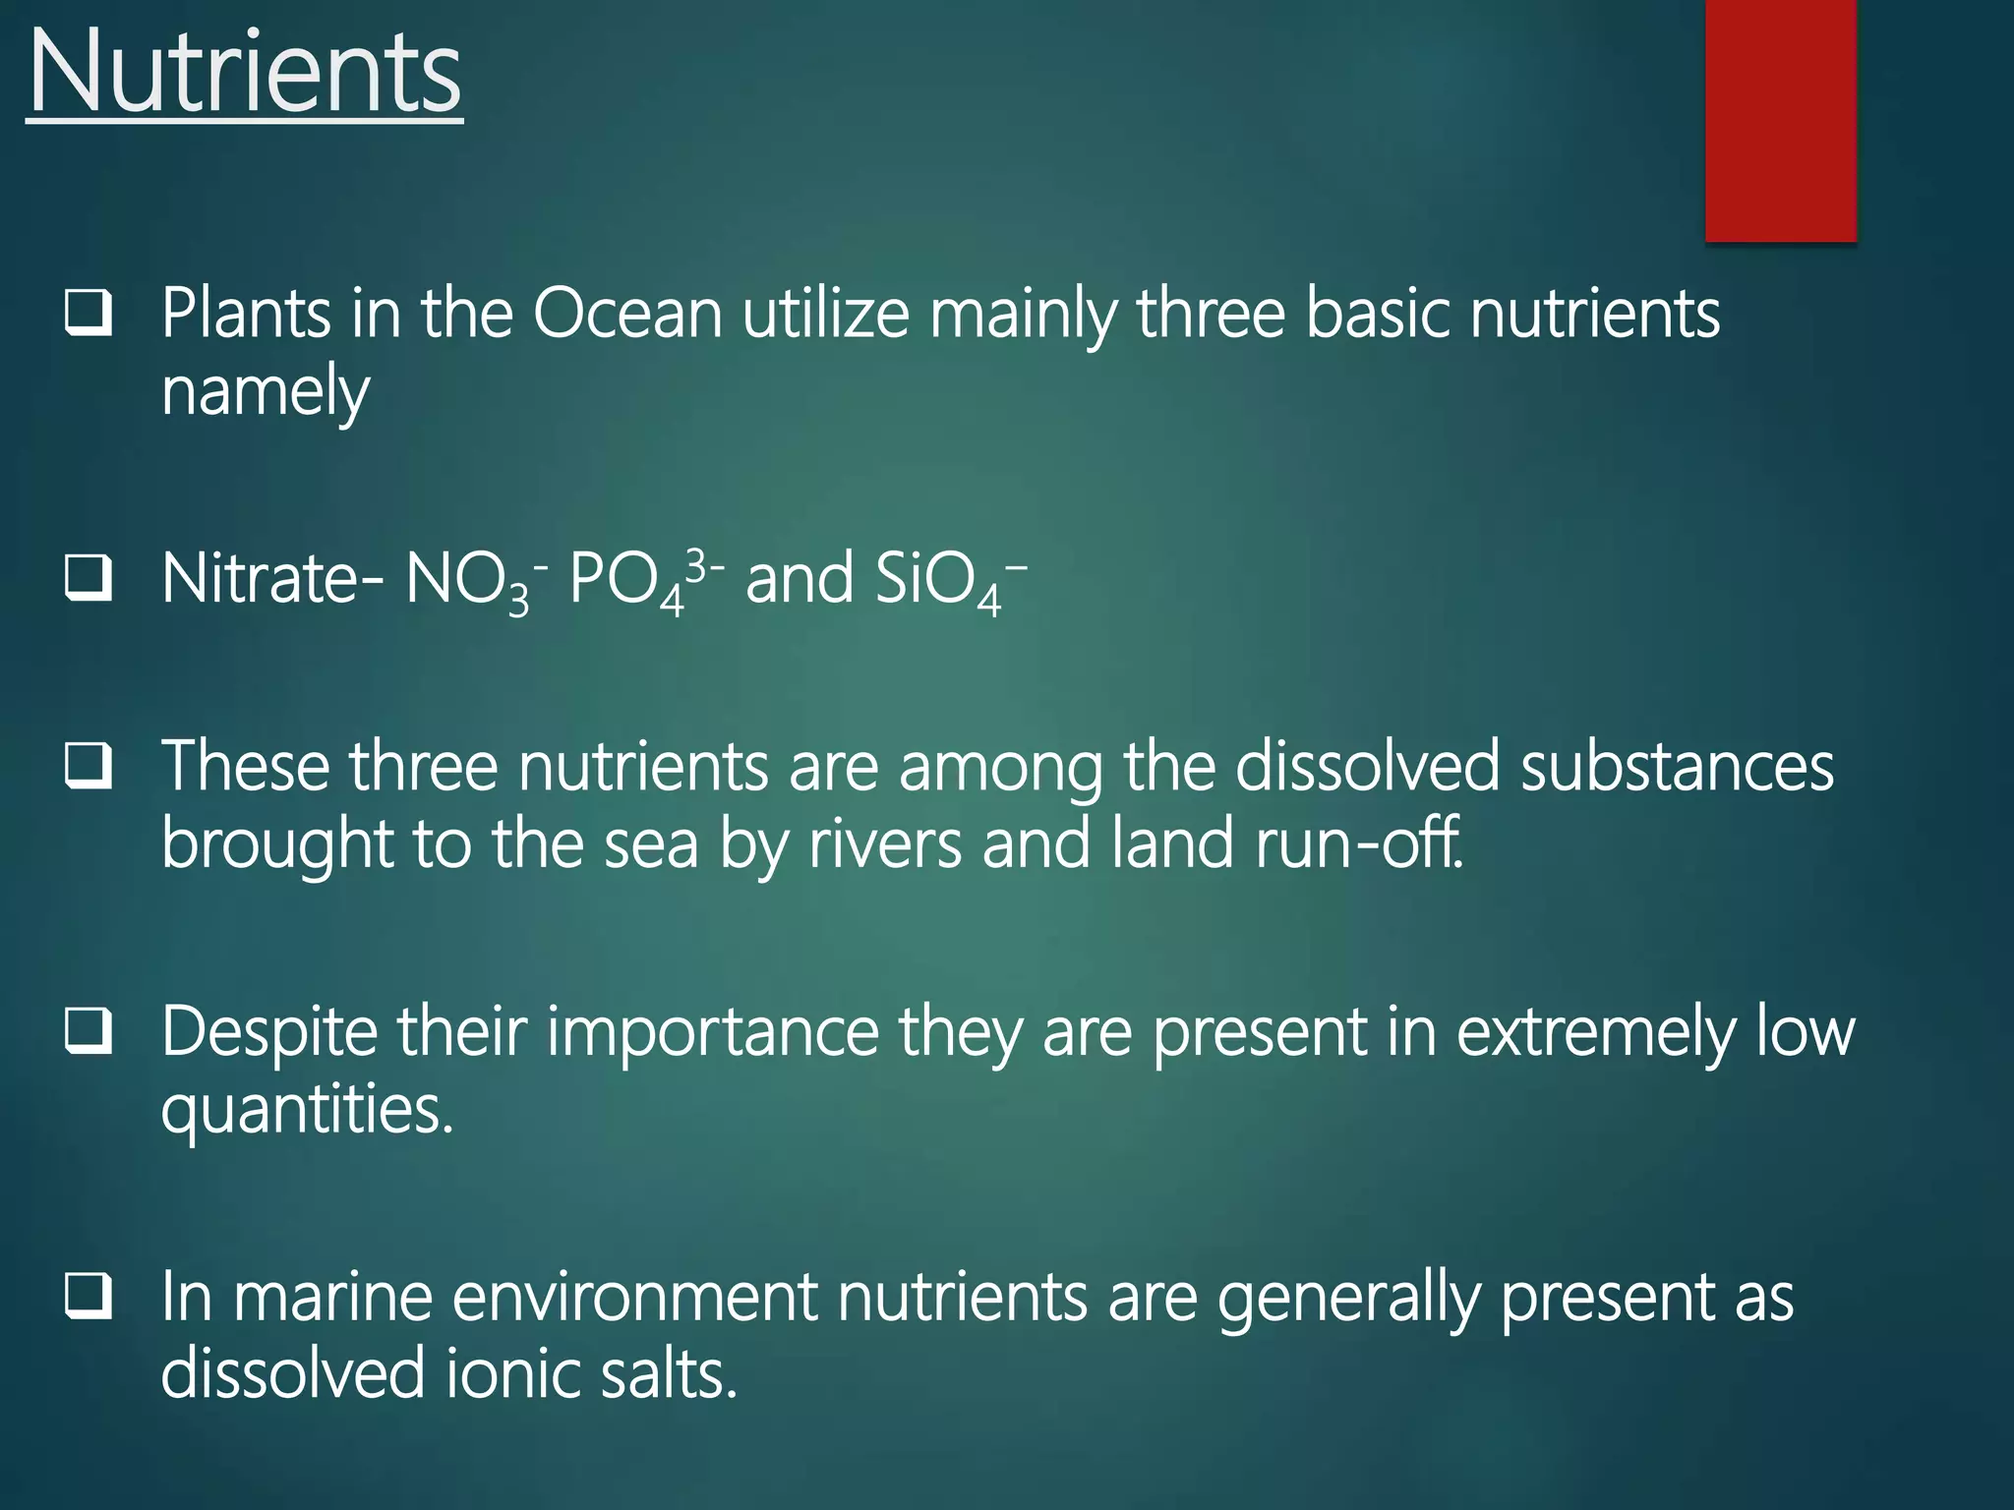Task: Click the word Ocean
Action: point(628,315)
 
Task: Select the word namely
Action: point(265,391)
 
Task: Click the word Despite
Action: point(268,1033)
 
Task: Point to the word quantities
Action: point(306,1110)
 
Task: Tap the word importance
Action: point(712,1033)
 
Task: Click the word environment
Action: point(634,1298)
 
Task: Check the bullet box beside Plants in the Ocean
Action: point(89,314)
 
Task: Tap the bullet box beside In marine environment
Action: point(89,1297)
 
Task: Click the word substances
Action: point(1676,767)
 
